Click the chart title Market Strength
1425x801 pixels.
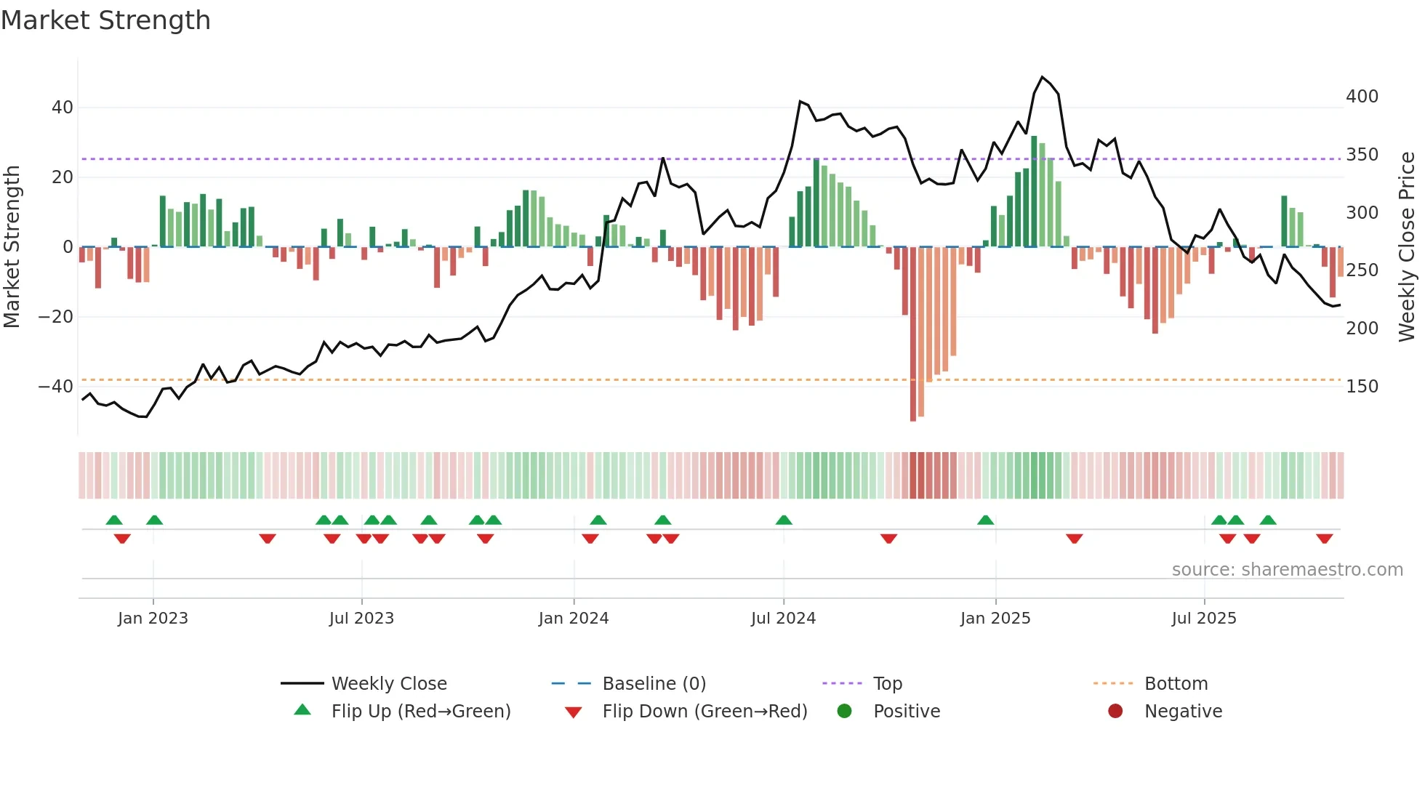(x=105, y=20)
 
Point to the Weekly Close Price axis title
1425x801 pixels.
(x=1408, y=246)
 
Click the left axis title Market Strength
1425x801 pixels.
(x=12, y=246)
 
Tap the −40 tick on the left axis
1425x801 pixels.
(x=55, y=386)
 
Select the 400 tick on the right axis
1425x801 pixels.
(x=1362, y=97)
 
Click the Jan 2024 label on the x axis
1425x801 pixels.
(x=574, y=619)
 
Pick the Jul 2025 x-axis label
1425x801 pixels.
(x=1204, y=619)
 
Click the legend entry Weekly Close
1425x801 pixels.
(x=389, y=684)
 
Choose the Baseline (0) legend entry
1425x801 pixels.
(x=654, y=684)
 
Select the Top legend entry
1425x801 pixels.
(x=887, y=684)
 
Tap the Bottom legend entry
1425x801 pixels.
(x=1176, y=684)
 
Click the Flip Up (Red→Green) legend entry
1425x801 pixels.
(x=421, y=712)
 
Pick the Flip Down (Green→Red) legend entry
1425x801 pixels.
(x=705, y=712)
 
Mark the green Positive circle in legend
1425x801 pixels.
(x=844, y=711)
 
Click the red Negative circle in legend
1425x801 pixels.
(x=1115, y=711)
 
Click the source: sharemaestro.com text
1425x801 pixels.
(x=1287, y=570)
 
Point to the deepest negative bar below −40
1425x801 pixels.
(x=913, y=334)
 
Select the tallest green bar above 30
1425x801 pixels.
(x=1034, y=191)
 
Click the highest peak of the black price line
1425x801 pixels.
(x=1043, y=77)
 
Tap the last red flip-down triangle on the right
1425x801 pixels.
(x=1324, y=539)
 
